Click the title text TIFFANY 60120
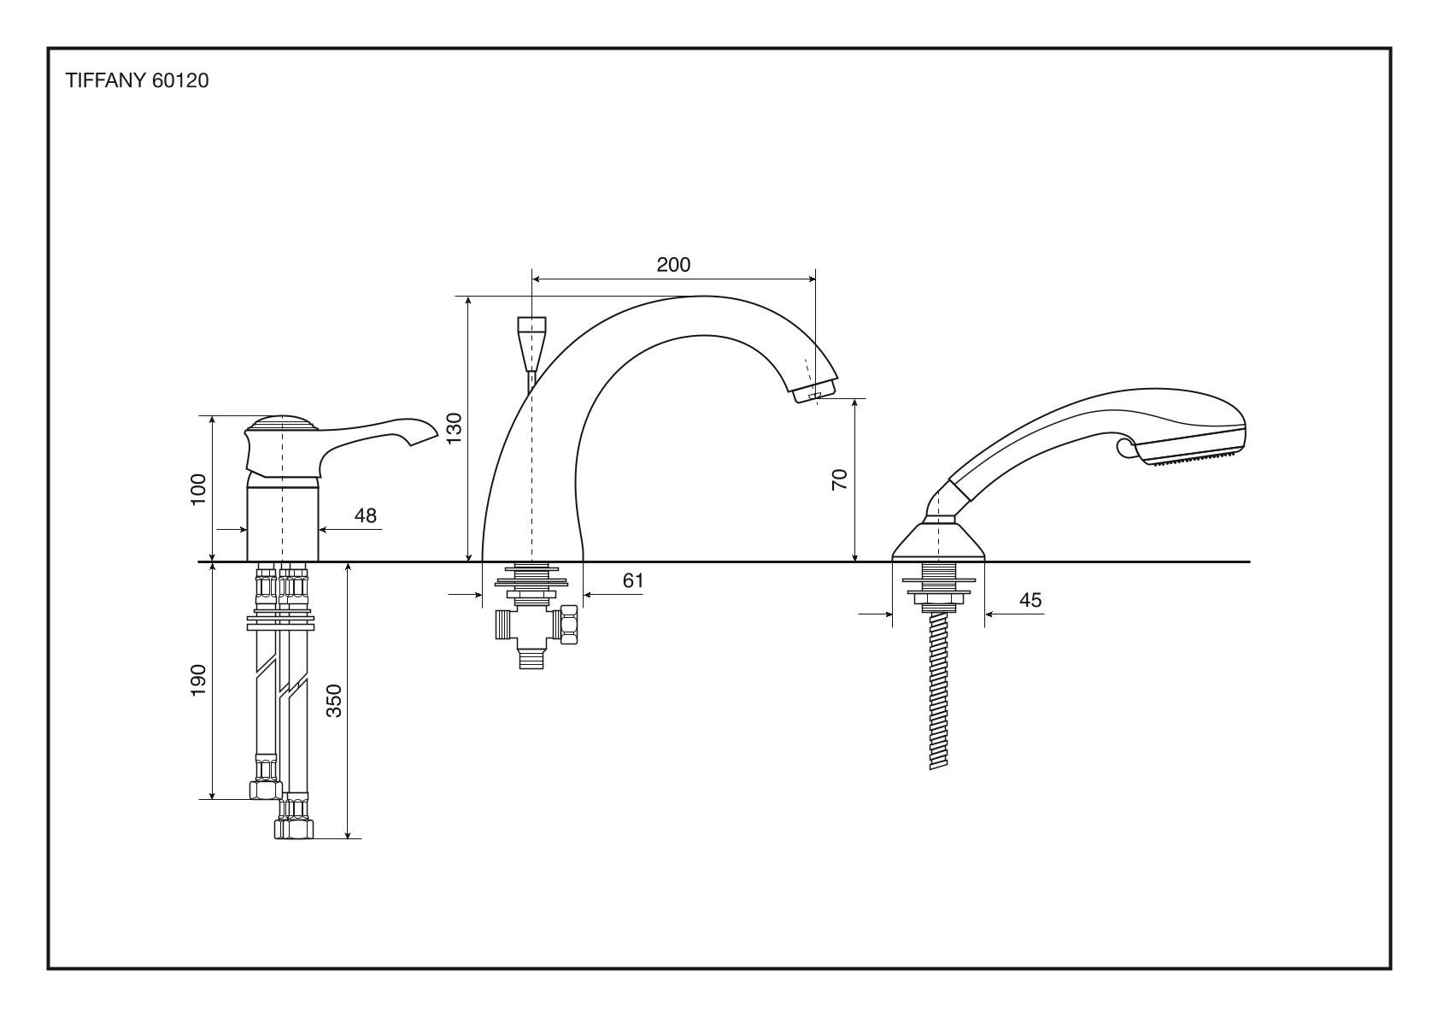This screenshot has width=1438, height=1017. [x=138, y=81]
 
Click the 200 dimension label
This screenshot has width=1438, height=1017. [x=673, y=264]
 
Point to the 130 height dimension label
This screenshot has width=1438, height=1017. [x=455, y=427]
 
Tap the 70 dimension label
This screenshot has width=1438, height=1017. [x=840, y=479]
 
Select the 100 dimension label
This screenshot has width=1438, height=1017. [x=198, y=489]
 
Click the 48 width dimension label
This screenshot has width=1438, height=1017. [x=365, y=515]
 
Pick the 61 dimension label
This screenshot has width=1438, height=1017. [x=632, y=581]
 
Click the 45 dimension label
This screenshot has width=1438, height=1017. [x=1030, y=600]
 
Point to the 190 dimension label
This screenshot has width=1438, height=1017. [x=198, y=679]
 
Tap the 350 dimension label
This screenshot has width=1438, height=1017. [x=334, y=700]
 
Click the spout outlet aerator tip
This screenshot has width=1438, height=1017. [x=813, y=394]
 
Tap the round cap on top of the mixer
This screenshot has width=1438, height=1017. [x=281, y=424]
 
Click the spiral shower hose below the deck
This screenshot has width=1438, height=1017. [x=939, y=692]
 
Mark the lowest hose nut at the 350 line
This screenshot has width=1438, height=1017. [x=294, y=828]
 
